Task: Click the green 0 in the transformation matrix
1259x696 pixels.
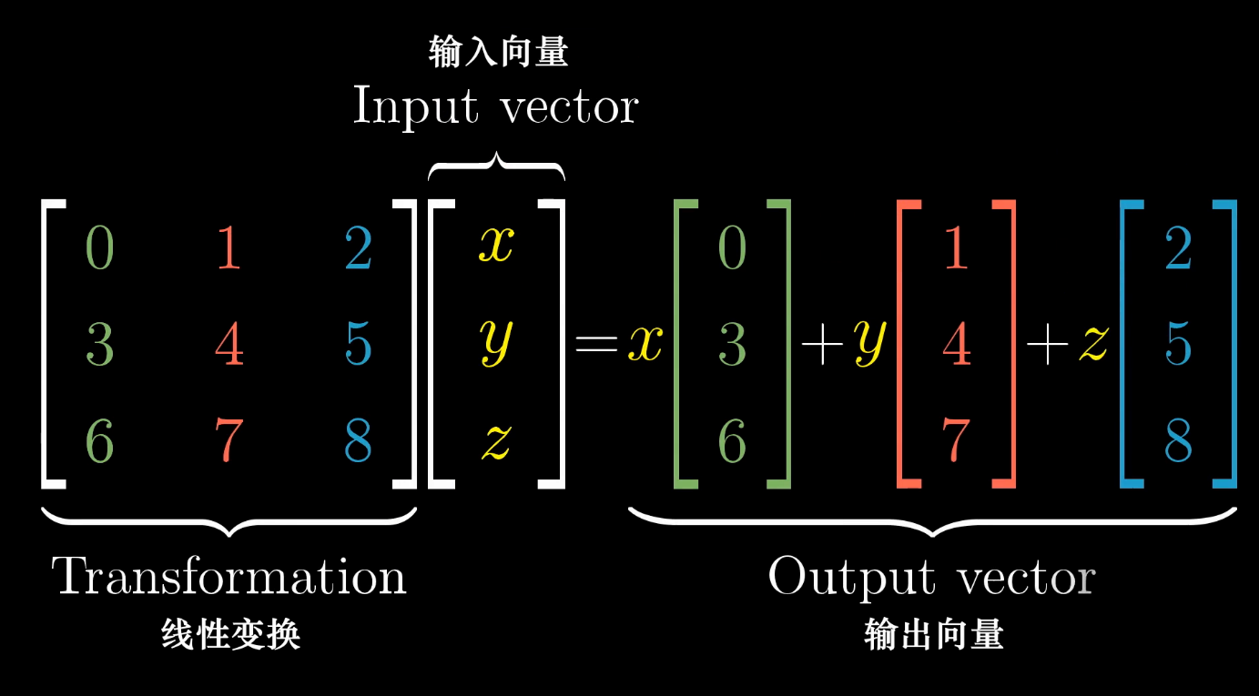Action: [99, 247]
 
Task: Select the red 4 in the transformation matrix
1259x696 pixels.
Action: [229, 345]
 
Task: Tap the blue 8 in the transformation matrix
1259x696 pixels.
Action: [359, 441]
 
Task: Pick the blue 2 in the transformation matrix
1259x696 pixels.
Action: [359, 247]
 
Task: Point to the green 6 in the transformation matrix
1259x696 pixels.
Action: [99, 441]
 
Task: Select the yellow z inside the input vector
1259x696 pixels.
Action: [496, 442]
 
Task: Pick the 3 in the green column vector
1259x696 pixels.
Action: [732, 345]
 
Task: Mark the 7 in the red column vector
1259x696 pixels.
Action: [956, 441]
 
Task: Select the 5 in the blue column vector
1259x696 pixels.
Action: [1178, 345]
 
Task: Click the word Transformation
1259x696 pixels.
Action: [228, 577]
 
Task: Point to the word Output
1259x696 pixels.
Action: [838, 577]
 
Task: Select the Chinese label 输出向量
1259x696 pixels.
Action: [934, 634]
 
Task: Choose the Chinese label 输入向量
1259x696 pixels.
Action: [498, 52]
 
